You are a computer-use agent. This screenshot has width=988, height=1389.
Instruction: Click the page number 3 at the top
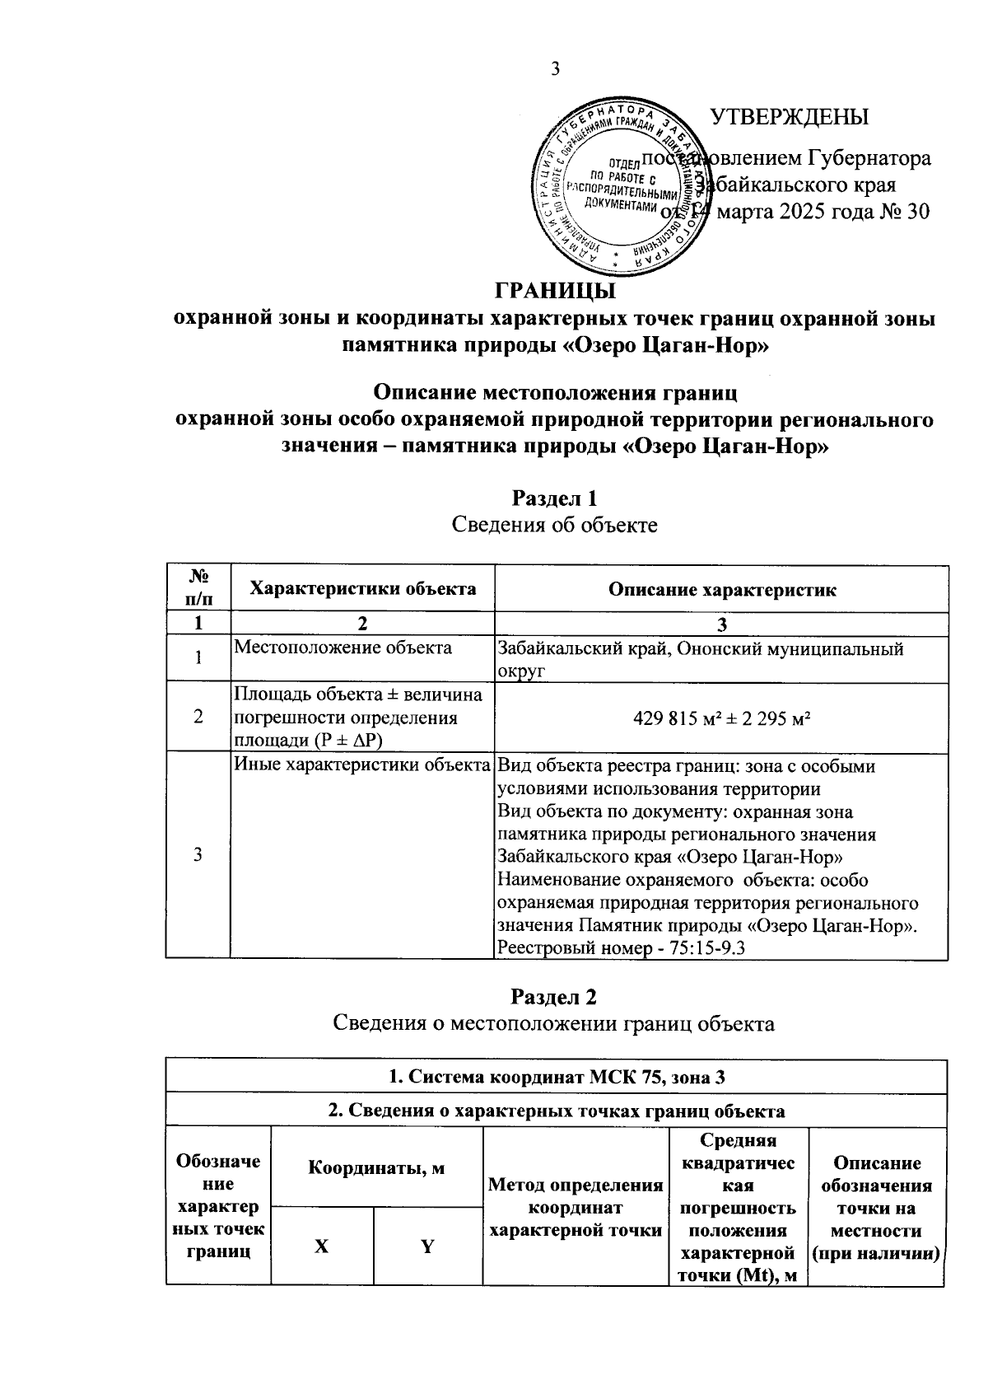point(554,68)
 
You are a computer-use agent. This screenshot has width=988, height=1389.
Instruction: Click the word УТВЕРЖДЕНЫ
point(790,116)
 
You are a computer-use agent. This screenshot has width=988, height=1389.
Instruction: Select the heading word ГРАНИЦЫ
point(555,292)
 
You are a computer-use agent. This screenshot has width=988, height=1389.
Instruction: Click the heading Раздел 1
point(554,498)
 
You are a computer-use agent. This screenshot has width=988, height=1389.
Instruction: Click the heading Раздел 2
point(554,996)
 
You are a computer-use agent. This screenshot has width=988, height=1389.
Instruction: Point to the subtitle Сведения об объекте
point(554,525)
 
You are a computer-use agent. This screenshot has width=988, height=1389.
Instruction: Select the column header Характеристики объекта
point(362,588)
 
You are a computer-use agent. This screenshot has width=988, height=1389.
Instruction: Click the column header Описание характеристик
point(721,589)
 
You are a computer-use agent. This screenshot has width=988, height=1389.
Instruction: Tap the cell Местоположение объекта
point(343,648)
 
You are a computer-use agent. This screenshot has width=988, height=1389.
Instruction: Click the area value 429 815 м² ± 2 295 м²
point(721,717)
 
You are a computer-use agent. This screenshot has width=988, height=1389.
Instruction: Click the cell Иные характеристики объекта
point(362,765)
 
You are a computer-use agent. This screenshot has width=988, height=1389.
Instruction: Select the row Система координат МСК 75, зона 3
point(556,1077)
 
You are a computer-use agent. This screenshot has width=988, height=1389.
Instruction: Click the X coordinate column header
point(322,1246)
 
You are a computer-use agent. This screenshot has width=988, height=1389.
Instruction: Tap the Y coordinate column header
point(427,1246)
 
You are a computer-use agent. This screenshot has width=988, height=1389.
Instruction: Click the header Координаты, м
point(376,1167)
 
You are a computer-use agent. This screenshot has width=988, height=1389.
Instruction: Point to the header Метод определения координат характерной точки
point(576,1208)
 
